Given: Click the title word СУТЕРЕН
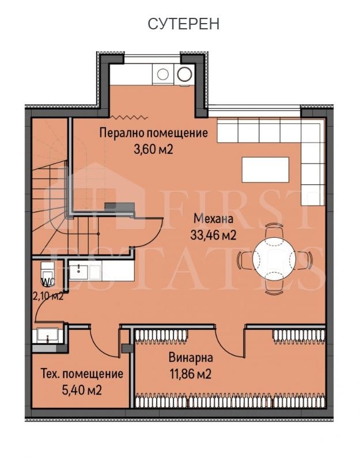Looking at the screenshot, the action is (184, 24).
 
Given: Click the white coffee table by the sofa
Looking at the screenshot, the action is (266, 169).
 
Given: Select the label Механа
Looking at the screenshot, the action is (213, 219).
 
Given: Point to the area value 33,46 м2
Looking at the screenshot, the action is (213, 234).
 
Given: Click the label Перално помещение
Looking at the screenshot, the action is (153, 133).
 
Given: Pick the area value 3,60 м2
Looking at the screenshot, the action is (153, 149).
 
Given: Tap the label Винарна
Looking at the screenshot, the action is (191, 358).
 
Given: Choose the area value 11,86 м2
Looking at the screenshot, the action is (191, 374).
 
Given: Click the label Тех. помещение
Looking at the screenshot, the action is (82, 374).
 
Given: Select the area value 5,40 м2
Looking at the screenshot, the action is (82, 390).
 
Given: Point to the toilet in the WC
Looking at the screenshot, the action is (48, 274).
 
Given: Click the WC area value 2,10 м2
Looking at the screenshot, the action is (48, 296).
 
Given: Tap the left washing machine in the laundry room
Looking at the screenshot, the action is (163, 74).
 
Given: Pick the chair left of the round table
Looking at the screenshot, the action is (245, 260).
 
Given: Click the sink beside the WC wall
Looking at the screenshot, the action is (85, 271).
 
